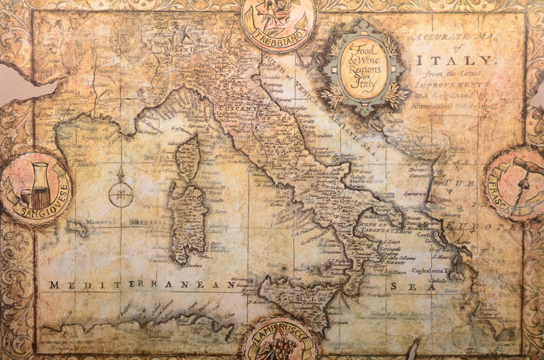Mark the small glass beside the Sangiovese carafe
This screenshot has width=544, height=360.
25,196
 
